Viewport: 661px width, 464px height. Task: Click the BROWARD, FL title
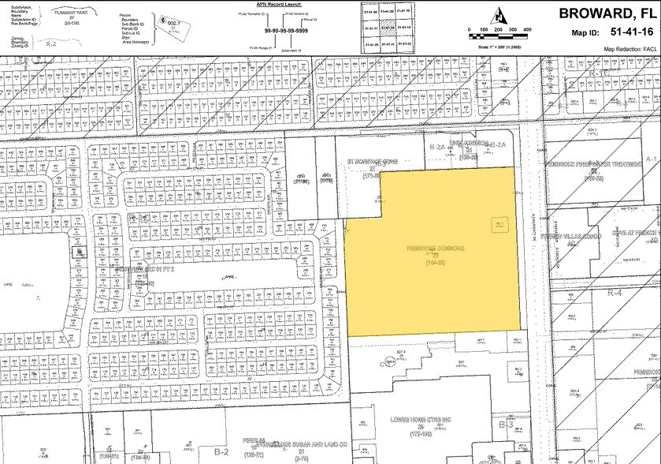(x=606, y=13)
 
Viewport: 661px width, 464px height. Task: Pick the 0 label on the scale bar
(x=470, y=29)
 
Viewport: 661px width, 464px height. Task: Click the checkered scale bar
(x=499, y=36)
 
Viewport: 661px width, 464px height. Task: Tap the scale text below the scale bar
(x=499, y=43)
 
